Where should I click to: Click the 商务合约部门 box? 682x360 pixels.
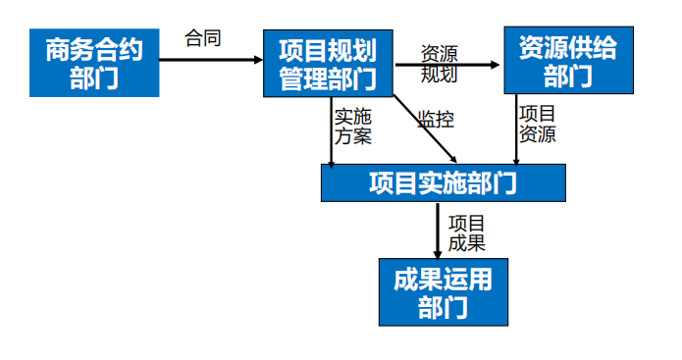[x=93, y=63]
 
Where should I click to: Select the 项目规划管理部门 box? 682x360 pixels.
[x=329, y=63]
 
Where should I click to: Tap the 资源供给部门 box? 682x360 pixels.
[x=568, y=61]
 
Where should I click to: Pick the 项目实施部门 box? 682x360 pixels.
[x=444, y=182]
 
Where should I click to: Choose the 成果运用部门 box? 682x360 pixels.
[x=444, y=292]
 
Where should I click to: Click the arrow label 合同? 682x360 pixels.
[x=203, y=39]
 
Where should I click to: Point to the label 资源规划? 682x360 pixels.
[x=439, y=63]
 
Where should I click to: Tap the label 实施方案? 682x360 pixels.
[x=353, y=126]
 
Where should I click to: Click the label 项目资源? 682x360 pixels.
[x=537, y=124]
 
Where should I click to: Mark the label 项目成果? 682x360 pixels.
[x=467, y=231]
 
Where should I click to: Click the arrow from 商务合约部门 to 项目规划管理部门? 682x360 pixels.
[x=210, y=59]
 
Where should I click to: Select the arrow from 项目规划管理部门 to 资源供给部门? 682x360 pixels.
[x=447, y=67]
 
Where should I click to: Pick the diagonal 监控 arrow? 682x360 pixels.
[x=424, y=129]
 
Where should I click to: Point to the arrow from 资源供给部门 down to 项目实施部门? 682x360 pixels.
[x=516, y=128]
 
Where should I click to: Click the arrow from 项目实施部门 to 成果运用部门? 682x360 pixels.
[x=438, y=231]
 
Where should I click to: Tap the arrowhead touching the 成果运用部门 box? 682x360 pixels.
[x=438, y=252]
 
